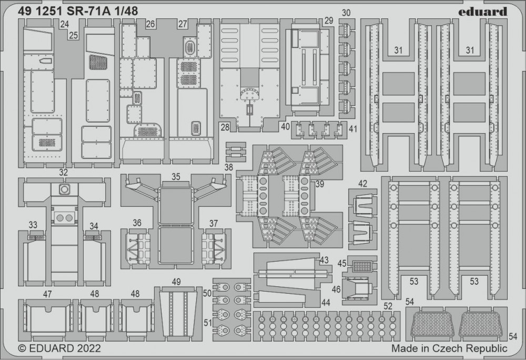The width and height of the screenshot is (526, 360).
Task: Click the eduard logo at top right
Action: (x=482, y=11)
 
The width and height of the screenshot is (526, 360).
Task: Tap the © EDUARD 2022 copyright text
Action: (x=59, y=348)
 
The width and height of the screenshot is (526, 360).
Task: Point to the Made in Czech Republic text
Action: (x=449, y=348)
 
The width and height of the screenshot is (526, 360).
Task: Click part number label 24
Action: (x=64, y=24)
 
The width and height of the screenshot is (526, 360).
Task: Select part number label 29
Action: (x=329, y=21)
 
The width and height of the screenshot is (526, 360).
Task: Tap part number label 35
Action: (x=176, y=177)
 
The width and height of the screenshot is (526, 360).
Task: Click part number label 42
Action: (x=362, y=184)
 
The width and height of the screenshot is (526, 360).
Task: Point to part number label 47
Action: (x=47, y=294)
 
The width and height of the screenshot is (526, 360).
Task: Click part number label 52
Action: (x=388, y=306)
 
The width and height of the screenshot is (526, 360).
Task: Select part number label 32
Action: (x=64, y=172)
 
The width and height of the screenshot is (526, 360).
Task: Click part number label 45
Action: (x=342, y=264)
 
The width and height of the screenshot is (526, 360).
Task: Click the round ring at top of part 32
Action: (x=64, y=188)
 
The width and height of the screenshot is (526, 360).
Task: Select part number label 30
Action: (x=346, y=13)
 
